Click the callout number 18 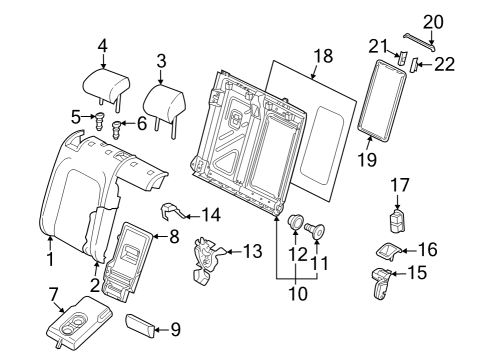pyautogui.click(x=323, y=56)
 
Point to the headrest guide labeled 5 pyautogui.click(x=100, y=121)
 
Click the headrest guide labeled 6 pyautogui.click(x=116, y=130)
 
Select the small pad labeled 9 pyautogui.click(x=140, y=325)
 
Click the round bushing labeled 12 pyautogui.click(x=295, y=221)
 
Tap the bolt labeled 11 pyautogui.click(x=315, y=230)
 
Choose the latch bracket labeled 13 pyautogui.click(x=208, y=260)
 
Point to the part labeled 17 pyautogui.click(x=397, y=220)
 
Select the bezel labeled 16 pyautogui.click(x=388, y=251)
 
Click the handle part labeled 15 pyautogui.click(x=380, y=282)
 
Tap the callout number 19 pyautogui.click(x=367, y=160)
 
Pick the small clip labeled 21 pyautogui.click(x=403, y=57)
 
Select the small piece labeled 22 pyautogui.click(x=414, y=65)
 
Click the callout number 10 pyautogui.click(x=298, y=294)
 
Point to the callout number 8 pyautogui.click(x=174, y=236)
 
